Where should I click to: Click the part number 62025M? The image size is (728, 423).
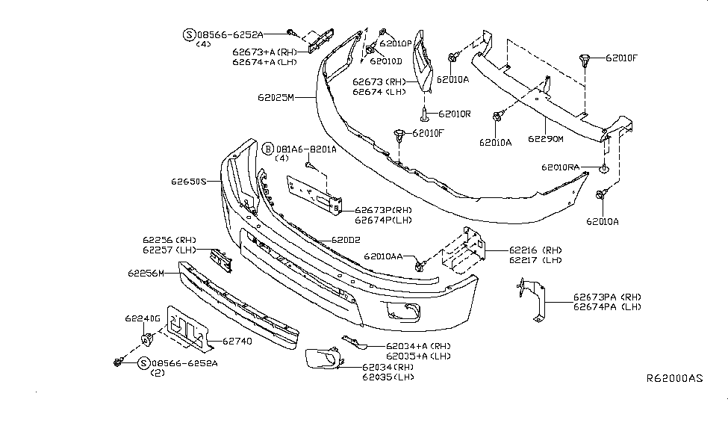(x=276, y=97)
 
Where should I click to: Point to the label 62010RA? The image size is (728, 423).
(x=561, y=168)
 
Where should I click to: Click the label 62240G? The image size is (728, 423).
(x=143, y=318)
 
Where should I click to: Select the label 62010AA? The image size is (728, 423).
(x=383, y=256)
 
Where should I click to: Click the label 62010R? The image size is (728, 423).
(x=455, y=114)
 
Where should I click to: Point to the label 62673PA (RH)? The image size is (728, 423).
(x=606, y=297)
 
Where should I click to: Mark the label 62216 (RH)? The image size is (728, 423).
(x=535, y=250)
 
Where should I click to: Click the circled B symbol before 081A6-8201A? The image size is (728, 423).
(x=267, y=149)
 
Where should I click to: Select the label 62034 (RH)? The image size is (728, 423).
(x=388, y=367)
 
